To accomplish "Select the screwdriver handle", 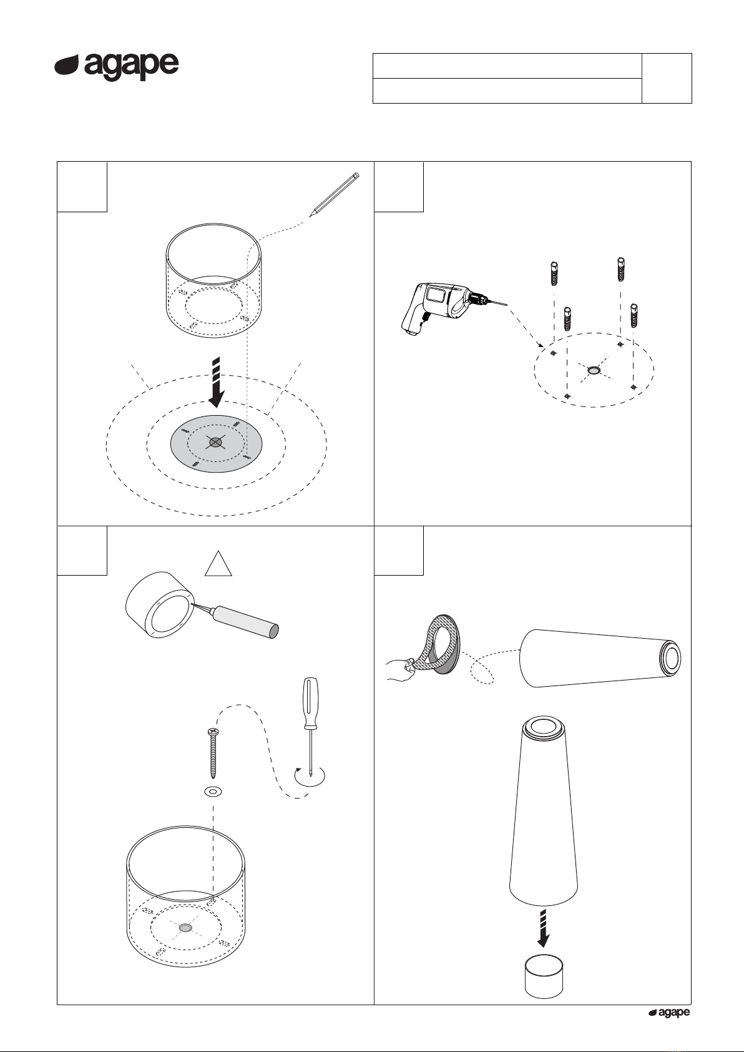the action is coord(310,702).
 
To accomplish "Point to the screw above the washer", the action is coord(213,752).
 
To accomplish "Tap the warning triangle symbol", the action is coord(218,564).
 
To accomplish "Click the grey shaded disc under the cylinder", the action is coord(216,443).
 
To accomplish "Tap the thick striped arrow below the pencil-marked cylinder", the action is coord(216,382).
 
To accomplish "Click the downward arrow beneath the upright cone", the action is coord(543,928).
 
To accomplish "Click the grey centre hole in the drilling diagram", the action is coord(594,371).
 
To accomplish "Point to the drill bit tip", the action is coord(507,305).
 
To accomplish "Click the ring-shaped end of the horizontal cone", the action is coord(670,657).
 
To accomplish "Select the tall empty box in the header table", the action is coord(667,78).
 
